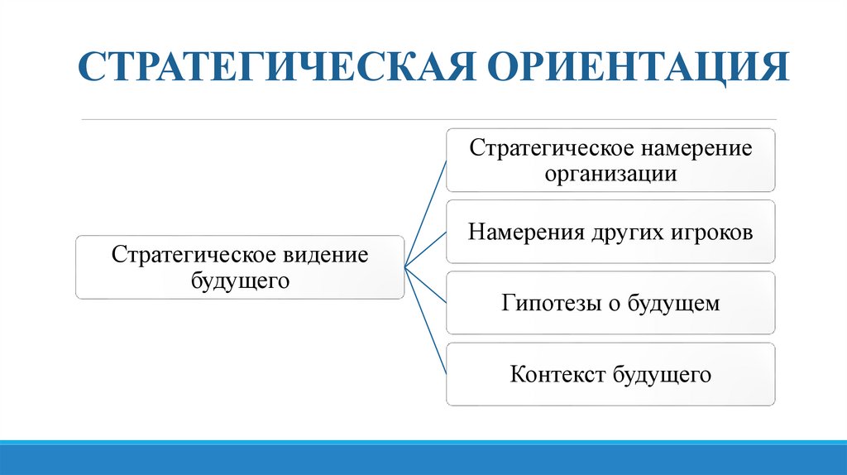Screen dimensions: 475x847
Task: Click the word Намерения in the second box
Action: [x=527, y=232]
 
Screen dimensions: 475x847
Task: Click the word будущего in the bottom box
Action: [x=663, y=375]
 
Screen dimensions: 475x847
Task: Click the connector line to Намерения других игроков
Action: [x=425, y=249]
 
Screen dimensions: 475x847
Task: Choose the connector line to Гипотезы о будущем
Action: [x=425, y=285]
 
